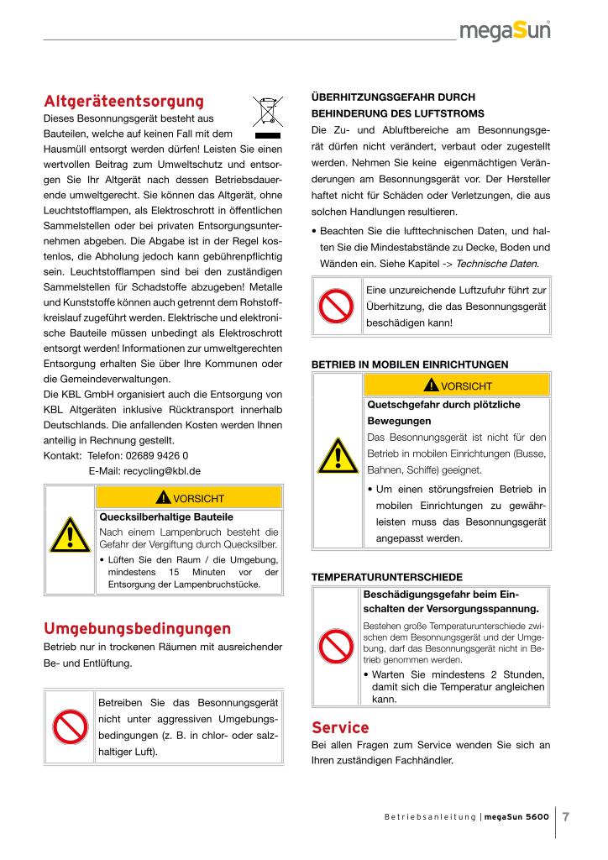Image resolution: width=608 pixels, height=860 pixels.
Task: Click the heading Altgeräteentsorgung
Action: point(123,102)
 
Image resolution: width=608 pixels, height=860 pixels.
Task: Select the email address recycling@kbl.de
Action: point(144,471)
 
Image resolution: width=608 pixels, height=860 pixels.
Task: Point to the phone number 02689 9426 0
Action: point(152,455)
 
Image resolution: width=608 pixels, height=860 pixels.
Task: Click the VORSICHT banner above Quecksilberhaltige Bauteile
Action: point(191,497)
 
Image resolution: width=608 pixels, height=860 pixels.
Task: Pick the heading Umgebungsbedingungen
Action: point(137,628)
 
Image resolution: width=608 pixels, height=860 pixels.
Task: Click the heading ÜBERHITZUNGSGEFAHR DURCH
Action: point(393,97)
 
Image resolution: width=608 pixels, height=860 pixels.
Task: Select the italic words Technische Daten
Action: point(497,264)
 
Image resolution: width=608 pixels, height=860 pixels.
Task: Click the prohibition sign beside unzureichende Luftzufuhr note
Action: point(337,306)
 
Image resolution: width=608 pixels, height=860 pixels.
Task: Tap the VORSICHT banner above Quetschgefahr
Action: point(458,385)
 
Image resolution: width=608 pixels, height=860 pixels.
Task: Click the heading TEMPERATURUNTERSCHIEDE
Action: point(386,578)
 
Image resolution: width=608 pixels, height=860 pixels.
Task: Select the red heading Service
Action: point(340,726)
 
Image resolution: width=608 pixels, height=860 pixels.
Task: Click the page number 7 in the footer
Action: point(567,817)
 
